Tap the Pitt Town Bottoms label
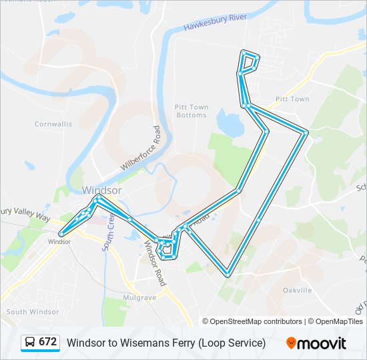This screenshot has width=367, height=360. pos(192,111)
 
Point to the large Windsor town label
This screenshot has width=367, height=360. pos(101,190)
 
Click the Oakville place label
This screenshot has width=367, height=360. pos(297,290)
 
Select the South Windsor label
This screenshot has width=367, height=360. pos(33,311)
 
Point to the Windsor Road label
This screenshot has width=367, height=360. pos(155,263)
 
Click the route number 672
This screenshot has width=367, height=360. pos(48,342)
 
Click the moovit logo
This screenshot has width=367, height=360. pos(316,343)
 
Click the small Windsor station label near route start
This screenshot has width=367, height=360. pos(59,241)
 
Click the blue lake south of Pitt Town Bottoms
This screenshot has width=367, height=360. pos(229,123)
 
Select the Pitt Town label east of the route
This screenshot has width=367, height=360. pos(292,99)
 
